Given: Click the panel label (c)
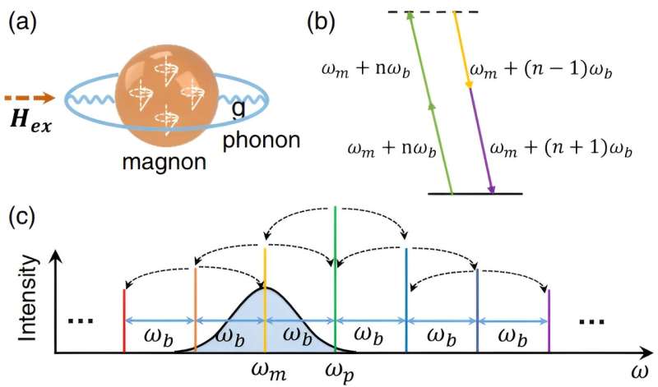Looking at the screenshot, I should pos(22,219).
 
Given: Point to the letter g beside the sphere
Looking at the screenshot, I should pos(238,107).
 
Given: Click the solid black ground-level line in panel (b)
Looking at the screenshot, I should pos(475,194).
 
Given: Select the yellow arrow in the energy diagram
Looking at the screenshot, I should pos(462,49).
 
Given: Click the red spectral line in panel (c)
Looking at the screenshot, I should pos(123,320).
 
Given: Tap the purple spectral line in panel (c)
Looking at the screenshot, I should pos(549,320).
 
